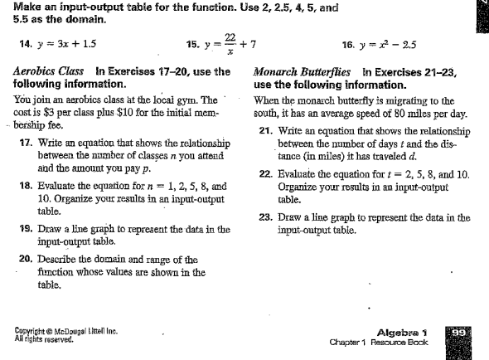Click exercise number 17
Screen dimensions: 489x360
(x=27, y=143)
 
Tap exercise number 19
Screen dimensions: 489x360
(x=27, y=227)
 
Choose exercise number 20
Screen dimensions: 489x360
(x=27, y=260)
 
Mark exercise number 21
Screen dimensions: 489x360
(x=265, y=131)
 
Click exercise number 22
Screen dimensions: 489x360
(x=265, y=173)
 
